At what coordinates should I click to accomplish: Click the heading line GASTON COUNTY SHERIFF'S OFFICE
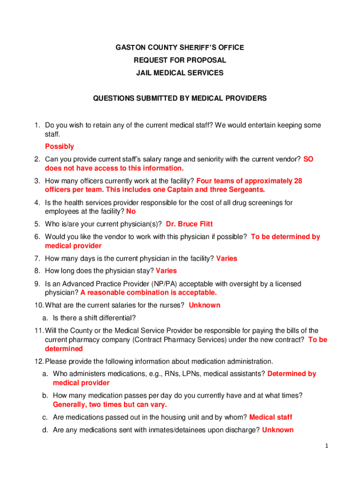pyautogui.click(x=180, y=48)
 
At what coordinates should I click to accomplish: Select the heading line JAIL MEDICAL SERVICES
pyautogui.click(x=180, y=73)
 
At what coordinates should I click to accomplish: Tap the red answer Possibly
pyautogui.click(x=59, y=146)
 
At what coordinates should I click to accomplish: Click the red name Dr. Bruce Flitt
pyautogui.click(x=189, y=224)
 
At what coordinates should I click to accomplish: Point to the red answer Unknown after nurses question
pyautogui.click(x=204, y=305)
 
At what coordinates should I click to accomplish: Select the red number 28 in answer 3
pyautogui.click(x=297, y=181)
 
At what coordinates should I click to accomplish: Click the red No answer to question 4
pyautogui.click(x=131, y=211)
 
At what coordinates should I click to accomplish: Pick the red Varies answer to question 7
pyautogui.click(x=226, y=258)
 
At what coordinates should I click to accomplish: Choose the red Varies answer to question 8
pyautogui.click(x=166, y=270)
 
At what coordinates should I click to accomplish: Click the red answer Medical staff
pyautogui.click(x=271, y=417)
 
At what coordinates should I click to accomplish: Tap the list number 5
pyautogui.click(x=36, y=224)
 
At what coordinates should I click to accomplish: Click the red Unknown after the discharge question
pyautogui.click(x=278, y=429)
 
